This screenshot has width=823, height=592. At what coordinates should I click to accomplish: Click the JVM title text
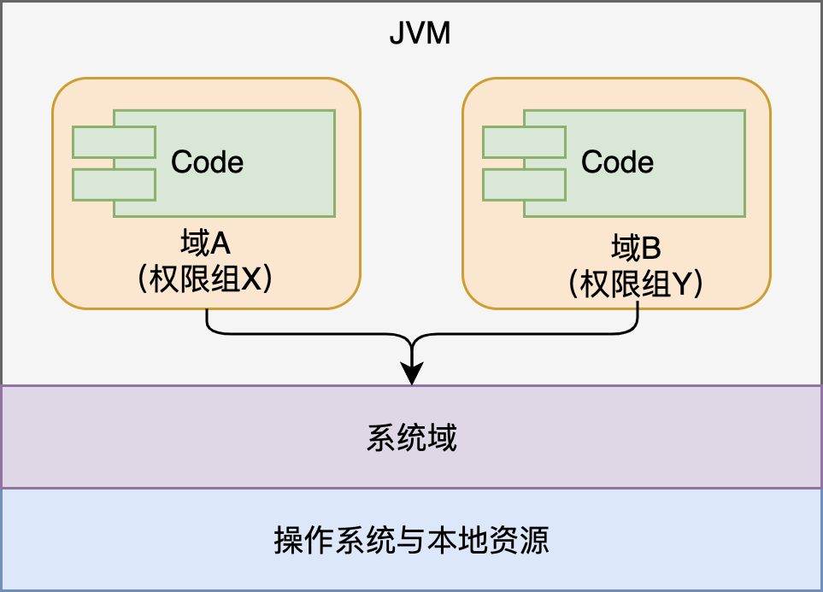(419, 34)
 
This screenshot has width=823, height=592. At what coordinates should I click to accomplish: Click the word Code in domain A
(207, 161)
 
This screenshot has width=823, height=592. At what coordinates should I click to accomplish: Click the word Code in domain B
(617, 161)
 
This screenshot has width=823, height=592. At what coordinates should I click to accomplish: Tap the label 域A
(206, 245)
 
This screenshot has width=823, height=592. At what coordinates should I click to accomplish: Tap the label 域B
(637, 249)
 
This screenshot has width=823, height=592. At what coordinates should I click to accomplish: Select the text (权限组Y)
(636, 284)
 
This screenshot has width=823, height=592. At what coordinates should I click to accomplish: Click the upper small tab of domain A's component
(113, 142)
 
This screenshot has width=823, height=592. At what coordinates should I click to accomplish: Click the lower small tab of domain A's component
(113, 184)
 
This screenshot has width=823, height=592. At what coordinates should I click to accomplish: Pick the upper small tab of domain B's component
(523, 142)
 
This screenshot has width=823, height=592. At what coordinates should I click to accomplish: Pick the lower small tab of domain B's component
(523, 184)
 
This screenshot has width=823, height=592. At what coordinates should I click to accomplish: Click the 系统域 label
(412, 437)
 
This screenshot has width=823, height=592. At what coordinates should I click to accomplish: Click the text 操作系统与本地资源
(411, 540)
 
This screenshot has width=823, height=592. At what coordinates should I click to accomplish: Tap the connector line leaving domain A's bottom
(208, 321)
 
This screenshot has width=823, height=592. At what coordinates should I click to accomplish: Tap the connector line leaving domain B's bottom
(638, 321)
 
